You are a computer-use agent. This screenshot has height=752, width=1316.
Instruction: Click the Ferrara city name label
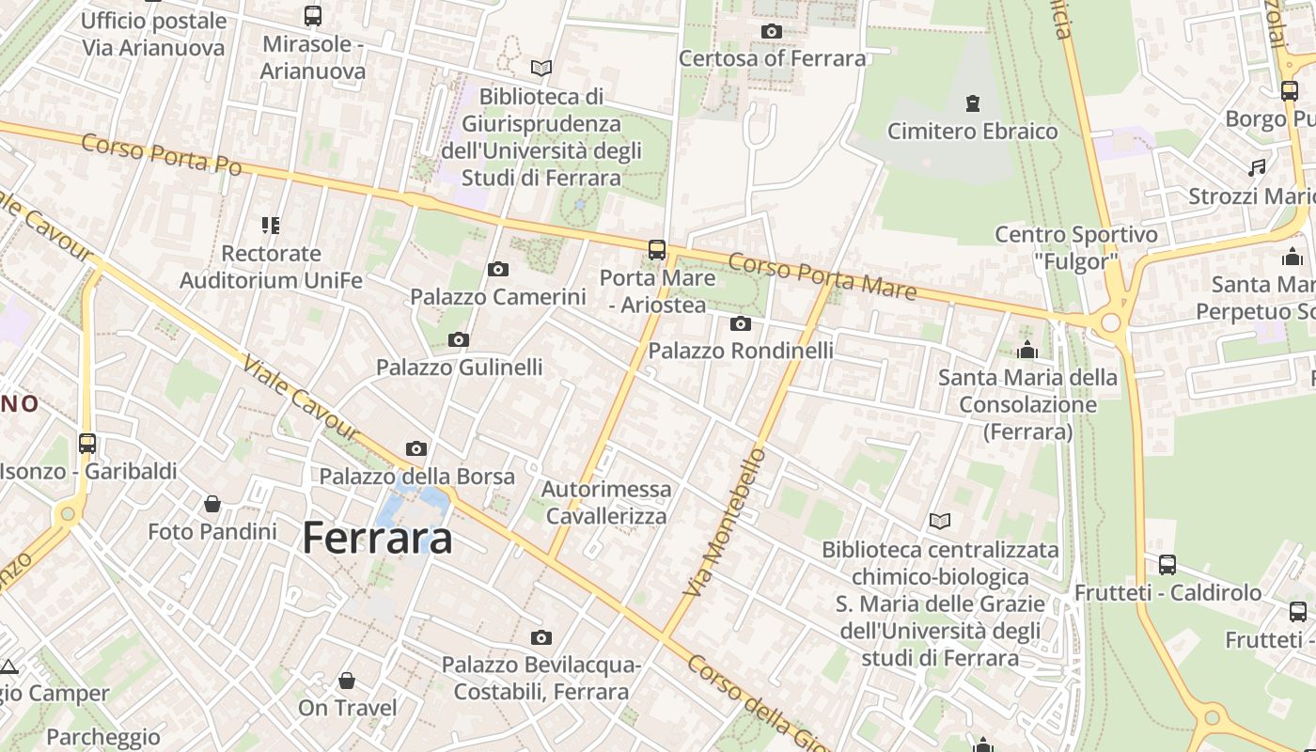(378, 538)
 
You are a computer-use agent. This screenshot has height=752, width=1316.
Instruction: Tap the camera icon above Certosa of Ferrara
(771, 31)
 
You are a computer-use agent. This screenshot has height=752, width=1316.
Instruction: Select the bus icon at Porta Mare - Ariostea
(657, 250)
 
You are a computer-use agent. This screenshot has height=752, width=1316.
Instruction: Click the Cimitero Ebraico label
(973, 131)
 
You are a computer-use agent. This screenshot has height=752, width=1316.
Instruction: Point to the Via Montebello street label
(726, 523)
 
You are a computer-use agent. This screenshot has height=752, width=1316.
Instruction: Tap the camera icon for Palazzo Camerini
(498, 270)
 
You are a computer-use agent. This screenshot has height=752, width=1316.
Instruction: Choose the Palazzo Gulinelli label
(460, 368)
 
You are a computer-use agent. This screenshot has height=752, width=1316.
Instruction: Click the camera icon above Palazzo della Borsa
(416, 449)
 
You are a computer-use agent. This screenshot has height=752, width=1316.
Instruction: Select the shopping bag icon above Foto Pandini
(212, 504)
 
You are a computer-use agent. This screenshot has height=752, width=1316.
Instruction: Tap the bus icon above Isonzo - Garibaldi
(87, 443)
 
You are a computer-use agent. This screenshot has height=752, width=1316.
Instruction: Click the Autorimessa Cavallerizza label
(606, 502)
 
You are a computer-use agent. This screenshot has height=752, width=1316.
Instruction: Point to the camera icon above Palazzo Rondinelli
(741, 324)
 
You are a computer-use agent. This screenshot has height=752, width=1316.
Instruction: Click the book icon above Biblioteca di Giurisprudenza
(541, 68)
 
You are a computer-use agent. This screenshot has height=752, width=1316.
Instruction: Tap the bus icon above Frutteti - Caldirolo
(1167, 565)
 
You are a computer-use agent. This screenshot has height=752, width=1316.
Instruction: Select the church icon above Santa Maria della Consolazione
(1027, 350)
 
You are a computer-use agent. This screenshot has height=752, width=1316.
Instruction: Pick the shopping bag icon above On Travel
(347, 681)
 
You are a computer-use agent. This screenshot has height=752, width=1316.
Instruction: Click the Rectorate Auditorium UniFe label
(271, 267)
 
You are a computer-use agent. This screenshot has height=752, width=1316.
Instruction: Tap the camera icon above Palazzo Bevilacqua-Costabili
(541, 638)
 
